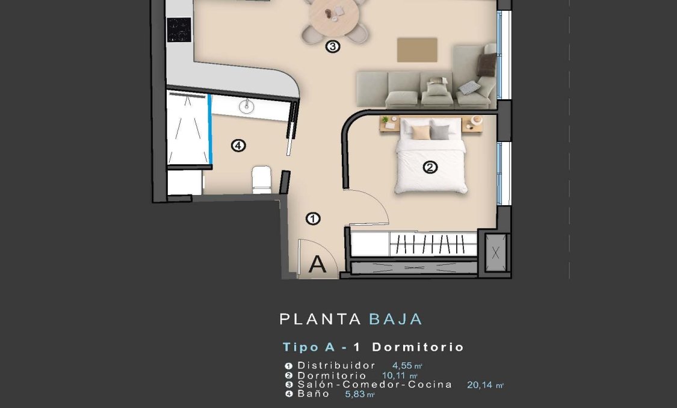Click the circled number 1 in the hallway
click(x=313, y=219)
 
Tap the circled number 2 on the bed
click(x=430, y=167)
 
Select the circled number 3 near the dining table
click(x=333, y=46)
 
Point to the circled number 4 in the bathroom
click(x=238, y=145)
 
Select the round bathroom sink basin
click(x=247, y=107)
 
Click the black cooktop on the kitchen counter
click(x=179, y=28)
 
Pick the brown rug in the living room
click(x=417, y=49)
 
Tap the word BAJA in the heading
click(x=395, y=319)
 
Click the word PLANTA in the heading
click(x=320, y=319)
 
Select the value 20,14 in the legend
click(x=480, y=385)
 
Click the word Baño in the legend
click(x=314, y=394)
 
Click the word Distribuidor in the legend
click(x=336, y=365)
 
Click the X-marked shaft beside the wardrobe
click(x=495, y=253)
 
